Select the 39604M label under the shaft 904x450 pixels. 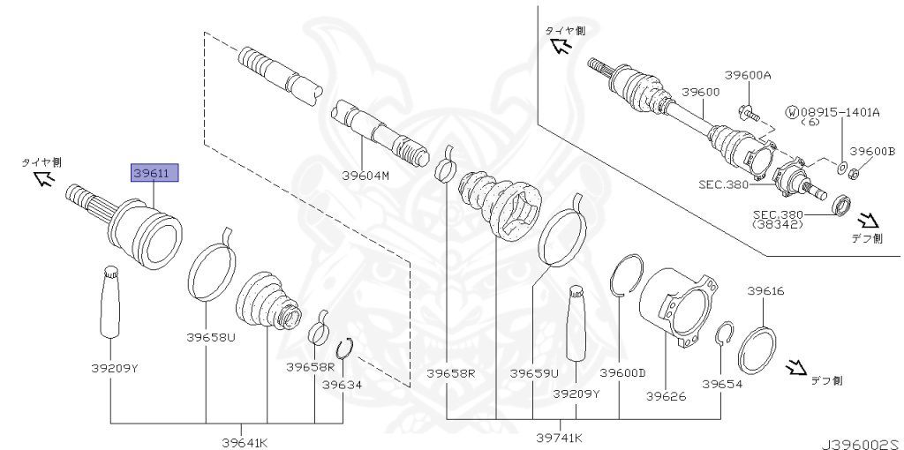366,175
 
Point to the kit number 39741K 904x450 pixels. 560,437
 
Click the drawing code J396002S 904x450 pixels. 858,439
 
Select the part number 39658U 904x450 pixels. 211,336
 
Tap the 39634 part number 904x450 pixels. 342,385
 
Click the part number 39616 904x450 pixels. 765,290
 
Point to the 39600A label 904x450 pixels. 749,76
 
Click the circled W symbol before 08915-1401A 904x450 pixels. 791,112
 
